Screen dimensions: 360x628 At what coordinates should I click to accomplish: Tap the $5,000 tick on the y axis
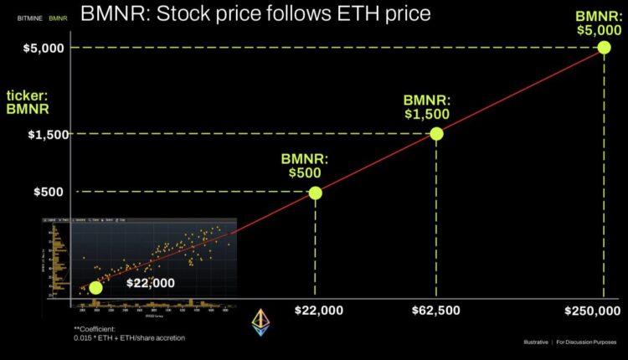click(x=39, y=48)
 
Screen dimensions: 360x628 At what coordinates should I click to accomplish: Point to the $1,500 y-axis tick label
click(x=39, y=134)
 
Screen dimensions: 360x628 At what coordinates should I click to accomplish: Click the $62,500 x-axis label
click(x=435, y=311)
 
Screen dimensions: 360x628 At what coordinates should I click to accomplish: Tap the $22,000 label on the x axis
click(x=319, y=311)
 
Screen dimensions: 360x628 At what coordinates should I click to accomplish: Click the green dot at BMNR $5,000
click(x=604, y=48)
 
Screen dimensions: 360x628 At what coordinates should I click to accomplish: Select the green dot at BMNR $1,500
click(x=435, y=134)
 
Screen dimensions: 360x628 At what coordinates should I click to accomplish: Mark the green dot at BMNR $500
click(x=315, y=193)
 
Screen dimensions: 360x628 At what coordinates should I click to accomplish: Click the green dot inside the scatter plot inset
click(x=95, y=287)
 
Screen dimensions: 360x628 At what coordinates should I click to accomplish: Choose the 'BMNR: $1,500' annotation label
click(x=426, y=106)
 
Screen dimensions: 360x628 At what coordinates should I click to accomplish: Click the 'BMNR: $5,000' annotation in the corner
click(x=600, y=22)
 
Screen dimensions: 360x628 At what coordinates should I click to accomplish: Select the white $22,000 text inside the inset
click(x=151, y=283)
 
